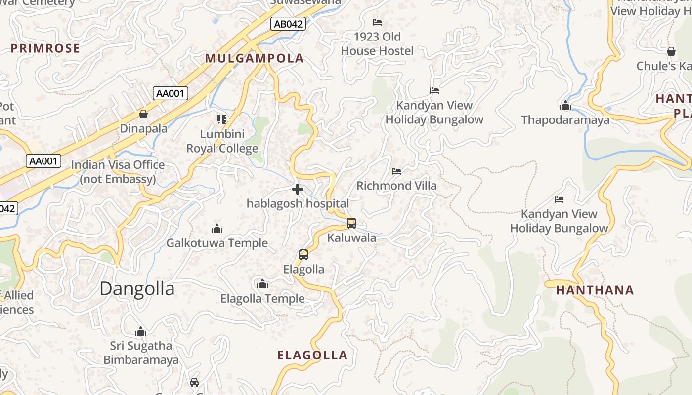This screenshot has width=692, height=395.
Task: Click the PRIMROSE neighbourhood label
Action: click(45, 48)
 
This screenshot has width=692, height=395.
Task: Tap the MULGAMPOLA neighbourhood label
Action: click(254, 58)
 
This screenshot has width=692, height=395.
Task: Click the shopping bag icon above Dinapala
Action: click(143, 115)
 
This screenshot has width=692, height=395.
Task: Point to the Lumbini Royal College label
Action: click(222, 141)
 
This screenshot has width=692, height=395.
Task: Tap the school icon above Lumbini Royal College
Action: click(222, 119)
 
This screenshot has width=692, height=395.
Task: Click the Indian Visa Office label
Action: click(118, 172)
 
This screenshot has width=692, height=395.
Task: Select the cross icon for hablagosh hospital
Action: click(298, 189)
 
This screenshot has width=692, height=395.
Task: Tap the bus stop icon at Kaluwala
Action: click(351, 223)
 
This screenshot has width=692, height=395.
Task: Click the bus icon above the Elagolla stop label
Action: click(303, 255)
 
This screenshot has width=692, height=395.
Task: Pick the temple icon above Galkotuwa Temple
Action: click(216, 229)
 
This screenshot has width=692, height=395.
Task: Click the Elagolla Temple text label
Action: click(262, 299)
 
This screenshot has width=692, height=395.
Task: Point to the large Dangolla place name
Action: click(137, 289)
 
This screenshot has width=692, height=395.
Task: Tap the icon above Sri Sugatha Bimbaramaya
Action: click(141, 331)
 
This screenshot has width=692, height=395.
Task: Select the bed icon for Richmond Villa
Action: click(396, 171)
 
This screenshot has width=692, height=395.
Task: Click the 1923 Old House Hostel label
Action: click(377, 44)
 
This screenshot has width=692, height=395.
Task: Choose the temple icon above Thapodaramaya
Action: click(565, 106)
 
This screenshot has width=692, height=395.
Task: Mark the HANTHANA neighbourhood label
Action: click(595, 290)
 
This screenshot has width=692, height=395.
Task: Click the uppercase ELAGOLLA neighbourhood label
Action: click(312, 355)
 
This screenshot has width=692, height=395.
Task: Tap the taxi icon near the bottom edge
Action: click(194, 383)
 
